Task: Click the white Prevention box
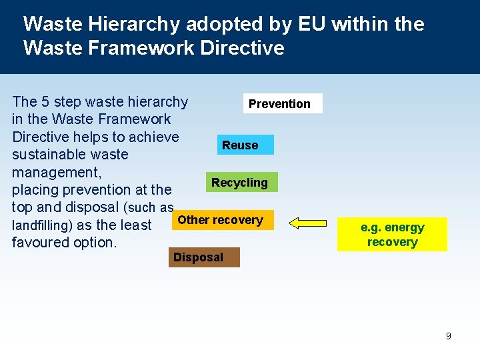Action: point(283,103)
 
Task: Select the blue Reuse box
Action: point(245,145)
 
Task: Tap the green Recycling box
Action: point(241,182)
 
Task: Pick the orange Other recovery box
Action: point(222,220)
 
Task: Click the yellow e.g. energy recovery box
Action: point(392,235)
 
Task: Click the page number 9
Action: point(448,336)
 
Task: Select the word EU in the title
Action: point(309,25)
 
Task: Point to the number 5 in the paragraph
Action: point(45,102)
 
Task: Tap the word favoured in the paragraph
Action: point(41,243)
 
